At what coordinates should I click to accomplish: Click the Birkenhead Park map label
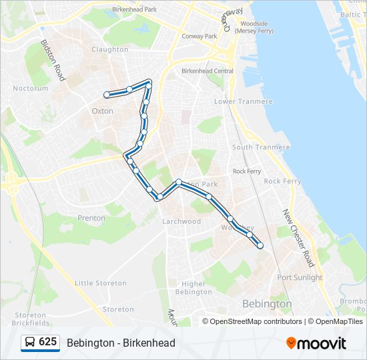135,10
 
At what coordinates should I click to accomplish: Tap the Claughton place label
110,49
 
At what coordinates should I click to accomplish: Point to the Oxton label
102,111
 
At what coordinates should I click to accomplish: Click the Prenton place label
91,218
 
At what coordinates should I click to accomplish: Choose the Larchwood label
181,221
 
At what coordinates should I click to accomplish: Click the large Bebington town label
267,304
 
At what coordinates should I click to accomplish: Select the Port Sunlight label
300,277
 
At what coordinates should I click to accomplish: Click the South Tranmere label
262,147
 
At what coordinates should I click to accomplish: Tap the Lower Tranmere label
244,101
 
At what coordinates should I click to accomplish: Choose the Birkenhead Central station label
208,71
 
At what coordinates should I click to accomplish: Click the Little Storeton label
101,283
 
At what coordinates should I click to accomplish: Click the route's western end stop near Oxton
107,95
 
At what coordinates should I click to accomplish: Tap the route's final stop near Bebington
260,246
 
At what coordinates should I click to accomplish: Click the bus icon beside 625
30,343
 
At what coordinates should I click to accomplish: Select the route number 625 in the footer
48,342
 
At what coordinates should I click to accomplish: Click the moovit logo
316,343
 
